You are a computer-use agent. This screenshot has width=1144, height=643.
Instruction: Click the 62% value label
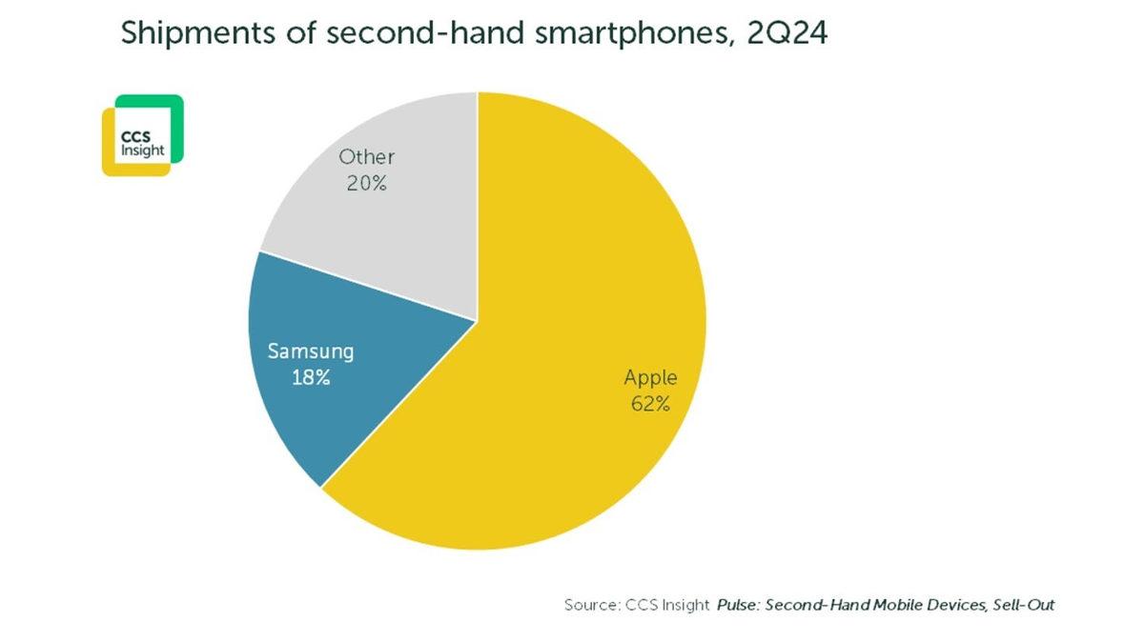650,403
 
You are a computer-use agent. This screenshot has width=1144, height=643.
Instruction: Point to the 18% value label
311,377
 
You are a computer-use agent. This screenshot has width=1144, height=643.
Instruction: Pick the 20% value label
367,183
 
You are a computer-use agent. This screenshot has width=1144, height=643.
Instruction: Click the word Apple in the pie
650,377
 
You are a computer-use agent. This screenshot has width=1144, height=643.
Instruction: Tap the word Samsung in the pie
311,352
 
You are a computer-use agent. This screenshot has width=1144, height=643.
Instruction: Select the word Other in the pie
367,157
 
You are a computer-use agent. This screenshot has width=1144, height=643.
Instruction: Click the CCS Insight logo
142,135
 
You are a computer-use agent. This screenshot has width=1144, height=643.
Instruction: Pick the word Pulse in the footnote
738,605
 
